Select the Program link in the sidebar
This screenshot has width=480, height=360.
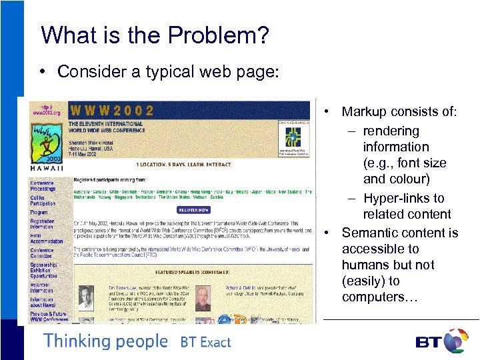click(x=39, y=213)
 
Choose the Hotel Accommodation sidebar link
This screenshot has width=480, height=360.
click(x=45, y=238)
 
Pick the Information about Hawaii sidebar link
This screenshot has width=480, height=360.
click(x=41, y=303)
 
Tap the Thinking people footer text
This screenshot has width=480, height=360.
click(x=105, y=341)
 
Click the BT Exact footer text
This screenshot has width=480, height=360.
click(x=205, y=343)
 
